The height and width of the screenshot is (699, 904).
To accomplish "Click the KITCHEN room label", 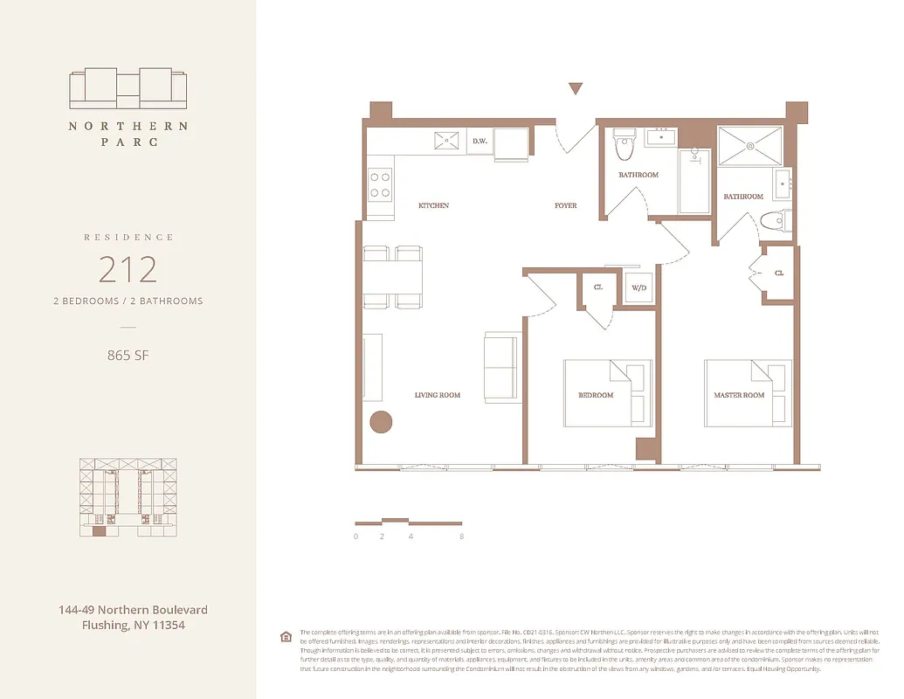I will coord(434,205).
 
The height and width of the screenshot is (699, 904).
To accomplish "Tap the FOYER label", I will coord(565,206).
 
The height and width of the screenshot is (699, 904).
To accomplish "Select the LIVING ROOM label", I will coord(438,395).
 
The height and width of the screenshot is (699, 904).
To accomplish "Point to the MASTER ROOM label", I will coord(739,395).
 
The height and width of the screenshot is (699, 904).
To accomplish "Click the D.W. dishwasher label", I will coord(480,141).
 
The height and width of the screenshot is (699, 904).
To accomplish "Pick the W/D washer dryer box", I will coord(638,287).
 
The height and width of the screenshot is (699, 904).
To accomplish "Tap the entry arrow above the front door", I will coord(575,88).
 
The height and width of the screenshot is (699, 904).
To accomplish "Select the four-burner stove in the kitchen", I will coord(380,184).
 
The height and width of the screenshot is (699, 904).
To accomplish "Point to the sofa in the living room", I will coord(503,367).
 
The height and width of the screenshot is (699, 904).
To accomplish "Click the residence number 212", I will coord(128,269).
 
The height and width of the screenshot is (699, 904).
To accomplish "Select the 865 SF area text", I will coord(128,355).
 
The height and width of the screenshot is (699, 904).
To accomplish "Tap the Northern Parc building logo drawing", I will coord(128,88).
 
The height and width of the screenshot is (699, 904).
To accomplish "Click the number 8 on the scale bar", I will coord(461,536).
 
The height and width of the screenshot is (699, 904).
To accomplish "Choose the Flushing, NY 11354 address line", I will coord(133,625).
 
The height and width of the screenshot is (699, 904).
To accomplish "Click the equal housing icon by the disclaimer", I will coord(285,636).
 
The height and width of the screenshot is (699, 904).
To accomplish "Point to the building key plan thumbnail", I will coord(128,496).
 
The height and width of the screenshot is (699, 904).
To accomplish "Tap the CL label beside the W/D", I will coord(598,287).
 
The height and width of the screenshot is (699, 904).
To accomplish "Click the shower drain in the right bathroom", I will coord(749,147).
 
